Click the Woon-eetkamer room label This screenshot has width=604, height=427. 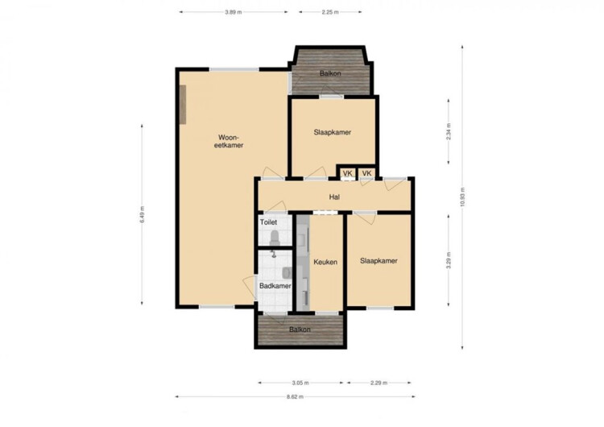point(229,142)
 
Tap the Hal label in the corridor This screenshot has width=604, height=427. point(334,197)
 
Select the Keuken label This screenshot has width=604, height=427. point(325,262)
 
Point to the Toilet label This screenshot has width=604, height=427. point(268,222)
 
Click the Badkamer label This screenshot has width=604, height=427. point(275,286)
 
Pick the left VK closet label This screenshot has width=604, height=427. point(347,173)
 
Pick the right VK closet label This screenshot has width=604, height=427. point(366,173)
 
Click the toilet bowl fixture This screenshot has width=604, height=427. point(275,238)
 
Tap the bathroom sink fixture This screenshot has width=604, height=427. point(288,272)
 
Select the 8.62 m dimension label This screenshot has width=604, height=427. point(295,396)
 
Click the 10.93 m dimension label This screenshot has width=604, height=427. point(462,197)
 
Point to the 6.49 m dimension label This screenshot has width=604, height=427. point(142,214)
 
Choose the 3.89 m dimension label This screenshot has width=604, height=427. point(234,12)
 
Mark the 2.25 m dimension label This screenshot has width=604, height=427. point(330,12)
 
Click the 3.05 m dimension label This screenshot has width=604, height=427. point(300,383)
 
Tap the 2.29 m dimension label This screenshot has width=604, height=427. point(379,383)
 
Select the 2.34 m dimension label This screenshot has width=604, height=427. point(449,131)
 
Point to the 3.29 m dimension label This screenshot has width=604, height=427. point(449,260)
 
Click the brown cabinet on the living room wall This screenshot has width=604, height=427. point(183,105)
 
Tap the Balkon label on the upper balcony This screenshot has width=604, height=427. point(330,73)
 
